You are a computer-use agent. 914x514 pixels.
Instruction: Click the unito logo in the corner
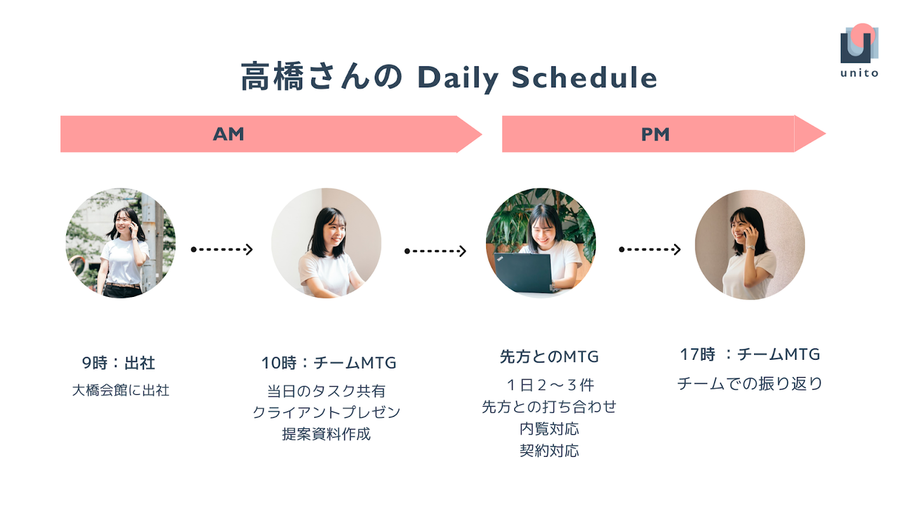click(859, 49)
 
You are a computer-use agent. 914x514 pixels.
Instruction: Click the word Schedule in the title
click(585, 77)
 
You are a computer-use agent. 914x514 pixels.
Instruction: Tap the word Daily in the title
click(458, 78)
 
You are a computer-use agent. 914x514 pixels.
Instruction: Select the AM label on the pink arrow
click(228, 135)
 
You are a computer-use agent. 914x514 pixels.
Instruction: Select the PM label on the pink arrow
click(655, 135)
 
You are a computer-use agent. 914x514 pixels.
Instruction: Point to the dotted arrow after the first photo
click(222, 249)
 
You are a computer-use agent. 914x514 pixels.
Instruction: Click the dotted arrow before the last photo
click(649, 249)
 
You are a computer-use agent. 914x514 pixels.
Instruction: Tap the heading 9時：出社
click(118, 363)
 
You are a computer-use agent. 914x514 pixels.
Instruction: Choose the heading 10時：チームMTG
click(329, 363)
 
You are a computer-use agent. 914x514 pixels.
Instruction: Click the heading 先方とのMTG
click(549, 357)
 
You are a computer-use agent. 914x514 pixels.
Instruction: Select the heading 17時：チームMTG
click(750, 354)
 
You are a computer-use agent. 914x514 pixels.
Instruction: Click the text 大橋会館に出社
click(121, 390)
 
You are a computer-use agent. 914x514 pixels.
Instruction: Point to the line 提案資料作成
click(326, 434)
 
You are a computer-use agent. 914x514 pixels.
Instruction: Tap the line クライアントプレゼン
click(326, 412)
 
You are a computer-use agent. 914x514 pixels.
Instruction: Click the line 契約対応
click(549, 451)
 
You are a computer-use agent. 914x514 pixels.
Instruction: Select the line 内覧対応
click(549, 429)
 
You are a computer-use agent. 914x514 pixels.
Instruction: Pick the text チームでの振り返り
click(750, 383)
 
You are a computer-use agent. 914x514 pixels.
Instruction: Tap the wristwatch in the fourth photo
click(750, 247)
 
